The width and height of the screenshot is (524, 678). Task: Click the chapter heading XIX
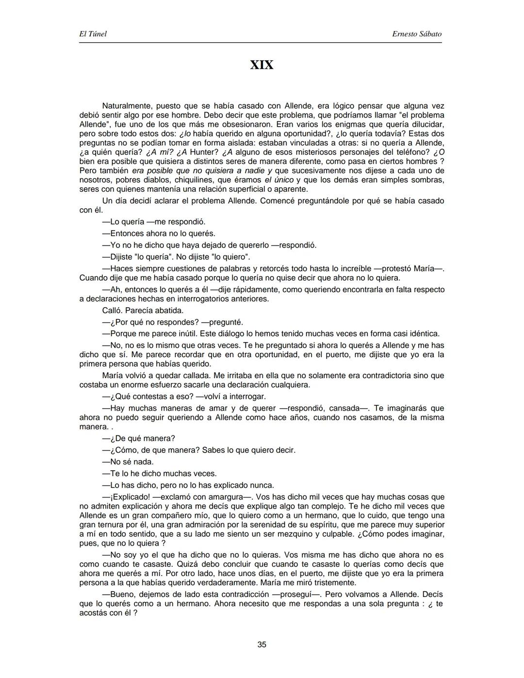tap(262, 65)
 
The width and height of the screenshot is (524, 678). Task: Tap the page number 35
tap(262, 645)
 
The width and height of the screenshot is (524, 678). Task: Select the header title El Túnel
tap(93, 34)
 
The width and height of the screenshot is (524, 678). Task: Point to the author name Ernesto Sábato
tap(417, 34)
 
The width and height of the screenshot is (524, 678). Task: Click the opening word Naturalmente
tap(126, 106)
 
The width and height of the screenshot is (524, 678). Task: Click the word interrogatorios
tap(185, 299)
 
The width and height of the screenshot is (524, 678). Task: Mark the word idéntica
tap(424, 334)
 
